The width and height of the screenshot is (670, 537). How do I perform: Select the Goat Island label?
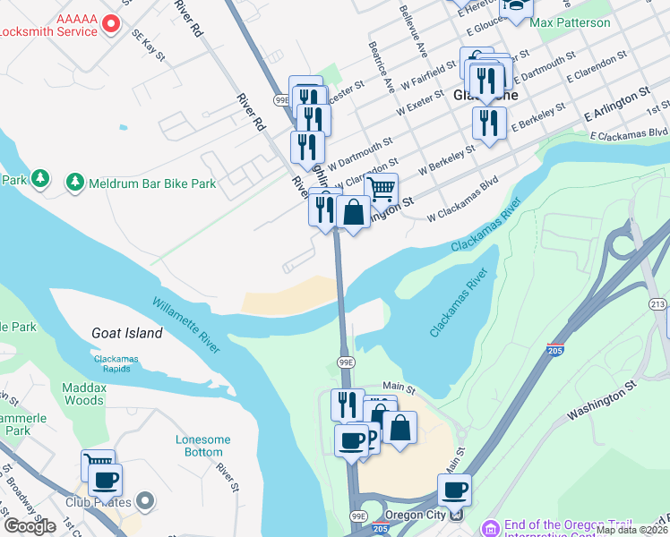tap(127, 333)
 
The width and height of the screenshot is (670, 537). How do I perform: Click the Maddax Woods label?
tap(84, 394)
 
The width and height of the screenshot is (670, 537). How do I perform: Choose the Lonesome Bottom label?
tap(203, 446)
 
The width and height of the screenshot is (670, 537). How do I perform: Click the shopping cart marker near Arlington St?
tap(382, 189)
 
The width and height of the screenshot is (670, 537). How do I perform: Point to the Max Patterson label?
tap(570, 22)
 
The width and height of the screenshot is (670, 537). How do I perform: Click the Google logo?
tap(30, 525)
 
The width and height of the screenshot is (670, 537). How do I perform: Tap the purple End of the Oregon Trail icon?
tap(489, 526)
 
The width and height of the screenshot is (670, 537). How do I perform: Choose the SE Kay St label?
tap(149, 46)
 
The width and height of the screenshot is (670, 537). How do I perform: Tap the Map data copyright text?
tap(631, 530)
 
